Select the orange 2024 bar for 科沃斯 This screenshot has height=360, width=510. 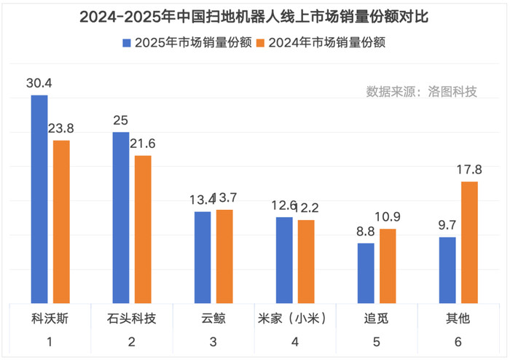pos(61,222)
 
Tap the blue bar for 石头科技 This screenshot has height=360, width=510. pos(121,218)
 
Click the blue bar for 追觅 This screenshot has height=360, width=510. pos(366,273)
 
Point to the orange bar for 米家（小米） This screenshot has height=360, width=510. pos(307,262)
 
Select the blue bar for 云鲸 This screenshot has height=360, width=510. pos(203,258)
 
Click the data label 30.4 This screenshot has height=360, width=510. pos(39,85)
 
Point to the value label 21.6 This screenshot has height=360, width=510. pos(143,144)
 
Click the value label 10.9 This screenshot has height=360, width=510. pos(388,217)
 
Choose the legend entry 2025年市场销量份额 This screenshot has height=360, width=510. pos(187,43)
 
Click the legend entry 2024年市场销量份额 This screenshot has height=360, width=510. pos(320,43)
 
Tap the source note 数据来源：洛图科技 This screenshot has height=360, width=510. pos(421,92)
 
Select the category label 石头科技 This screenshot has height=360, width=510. pos(131,319)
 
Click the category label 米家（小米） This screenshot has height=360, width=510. pos(294,319)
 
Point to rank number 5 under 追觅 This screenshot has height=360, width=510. pos(376,342)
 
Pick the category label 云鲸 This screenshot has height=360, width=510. pos(213,319)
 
